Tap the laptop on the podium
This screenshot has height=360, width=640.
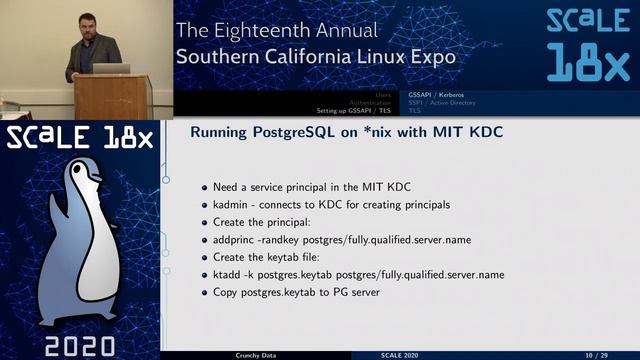pyautogui.click(x=111, y=69)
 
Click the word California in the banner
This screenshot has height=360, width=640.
pyautogui.click(x=324, y=57)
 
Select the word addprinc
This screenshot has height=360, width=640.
pyautogui.click(x=239, y=239)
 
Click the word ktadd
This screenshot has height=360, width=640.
pyautogui.click(x=230, y=274)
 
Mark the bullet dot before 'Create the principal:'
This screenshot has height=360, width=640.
pyautogui.click(x=205, y=222)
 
